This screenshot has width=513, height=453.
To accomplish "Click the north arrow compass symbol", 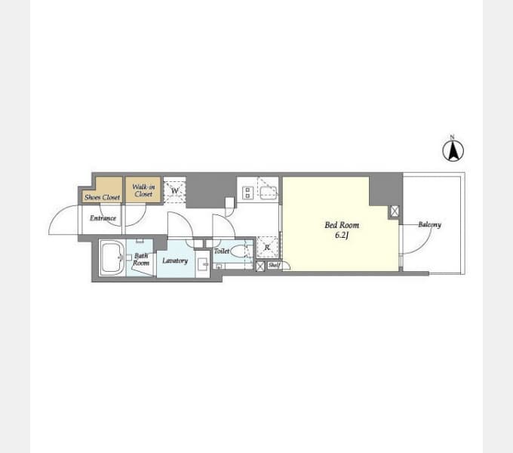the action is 453,150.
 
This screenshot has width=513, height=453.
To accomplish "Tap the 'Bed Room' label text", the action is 342,225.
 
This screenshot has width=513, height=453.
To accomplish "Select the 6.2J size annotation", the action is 342,235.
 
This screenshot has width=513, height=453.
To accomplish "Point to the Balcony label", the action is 429,224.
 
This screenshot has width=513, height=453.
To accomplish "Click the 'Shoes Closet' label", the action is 102,197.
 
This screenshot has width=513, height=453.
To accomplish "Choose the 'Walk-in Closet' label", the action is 143,190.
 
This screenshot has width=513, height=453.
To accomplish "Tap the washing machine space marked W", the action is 175,190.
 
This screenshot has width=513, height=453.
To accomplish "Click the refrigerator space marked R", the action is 267,247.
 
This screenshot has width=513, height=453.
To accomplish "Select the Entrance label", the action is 103,218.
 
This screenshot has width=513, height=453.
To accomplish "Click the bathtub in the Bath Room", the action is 112,258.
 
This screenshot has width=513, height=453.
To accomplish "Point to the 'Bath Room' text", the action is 141,259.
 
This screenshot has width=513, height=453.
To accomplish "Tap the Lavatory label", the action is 175,260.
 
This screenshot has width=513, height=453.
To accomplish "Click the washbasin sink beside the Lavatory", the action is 203,263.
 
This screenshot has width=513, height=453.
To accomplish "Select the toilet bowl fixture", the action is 238,251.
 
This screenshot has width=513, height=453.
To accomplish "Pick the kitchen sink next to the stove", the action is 269,193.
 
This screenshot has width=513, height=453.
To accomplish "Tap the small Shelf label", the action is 274,266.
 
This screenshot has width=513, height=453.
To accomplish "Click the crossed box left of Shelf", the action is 260,266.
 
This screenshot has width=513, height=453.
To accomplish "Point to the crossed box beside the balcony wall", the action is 395,211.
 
